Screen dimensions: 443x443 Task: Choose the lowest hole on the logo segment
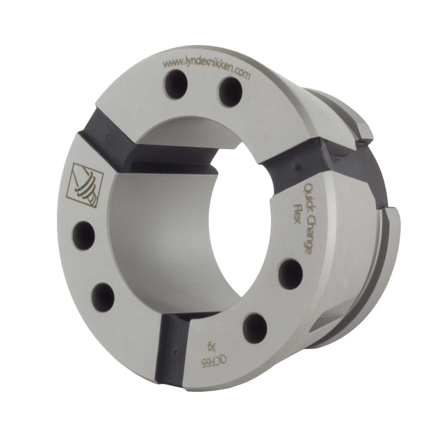click(101, 295)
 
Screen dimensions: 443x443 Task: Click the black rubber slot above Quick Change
click(295, 162)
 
